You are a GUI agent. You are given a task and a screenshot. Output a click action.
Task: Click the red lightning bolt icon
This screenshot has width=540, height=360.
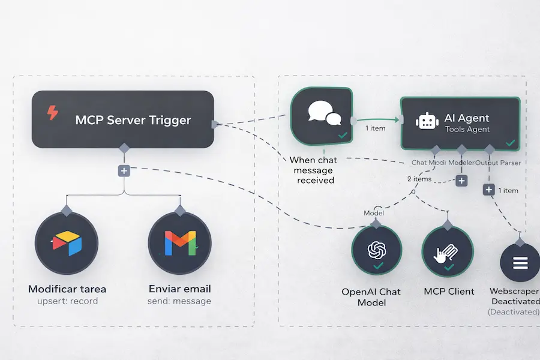(x=53, y=113)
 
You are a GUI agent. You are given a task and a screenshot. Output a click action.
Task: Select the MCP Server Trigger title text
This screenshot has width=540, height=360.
(x=133, y=120)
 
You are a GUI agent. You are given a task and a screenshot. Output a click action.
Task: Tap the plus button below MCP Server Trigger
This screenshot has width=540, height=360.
(x=124, y=171)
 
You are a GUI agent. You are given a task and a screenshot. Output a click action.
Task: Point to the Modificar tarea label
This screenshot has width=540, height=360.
(x=67, y=289)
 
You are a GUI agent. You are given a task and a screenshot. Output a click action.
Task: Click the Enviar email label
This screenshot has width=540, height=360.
(x=179, y=289)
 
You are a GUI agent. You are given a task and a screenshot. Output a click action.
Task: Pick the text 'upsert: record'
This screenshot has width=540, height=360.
(x=67, y=301)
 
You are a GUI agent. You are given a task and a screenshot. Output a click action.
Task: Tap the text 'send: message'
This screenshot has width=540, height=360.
(x=179, y=301)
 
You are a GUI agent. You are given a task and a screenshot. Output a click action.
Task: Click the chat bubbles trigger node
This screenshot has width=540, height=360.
(x=322, y=117)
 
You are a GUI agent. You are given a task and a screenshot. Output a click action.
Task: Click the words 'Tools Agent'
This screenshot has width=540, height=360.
(x=467, y=129)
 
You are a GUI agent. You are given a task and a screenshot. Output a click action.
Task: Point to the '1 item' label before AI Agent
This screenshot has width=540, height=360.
(x=376, y=128)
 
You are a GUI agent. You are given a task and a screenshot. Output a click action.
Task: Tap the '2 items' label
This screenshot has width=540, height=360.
(x=419, y=179)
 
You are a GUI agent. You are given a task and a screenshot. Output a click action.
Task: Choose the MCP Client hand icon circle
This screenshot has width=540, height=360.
(x=448, y=252)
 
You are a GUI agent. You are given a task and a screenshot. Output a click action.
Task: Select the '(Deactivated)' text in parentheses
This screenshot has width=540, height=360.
(x=513, y=312)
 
